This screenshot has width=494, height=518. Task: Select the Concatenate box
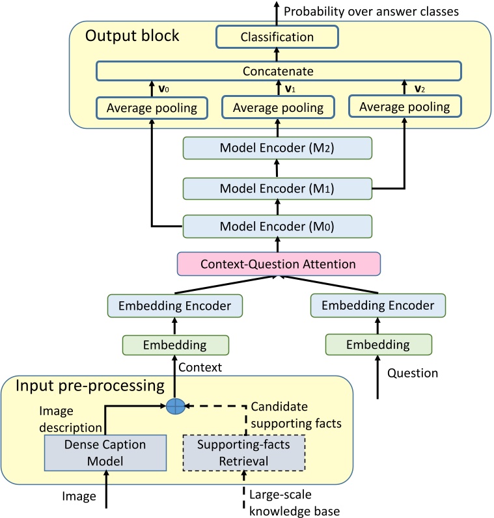point(278,70)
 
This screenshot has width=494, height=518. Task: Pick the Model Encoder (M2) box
point(278,148)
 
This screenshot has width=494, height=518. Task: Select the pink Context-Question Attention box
point(278,264)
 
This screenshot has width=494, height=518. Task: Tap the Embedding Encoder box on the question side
point(377,305)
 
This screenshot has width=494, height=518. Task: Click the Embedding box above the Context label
point(176,344)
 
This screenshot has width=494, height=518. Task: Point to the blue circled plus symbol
point(176,406)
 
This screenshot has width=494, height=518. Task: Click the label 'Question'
point(413,374)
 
